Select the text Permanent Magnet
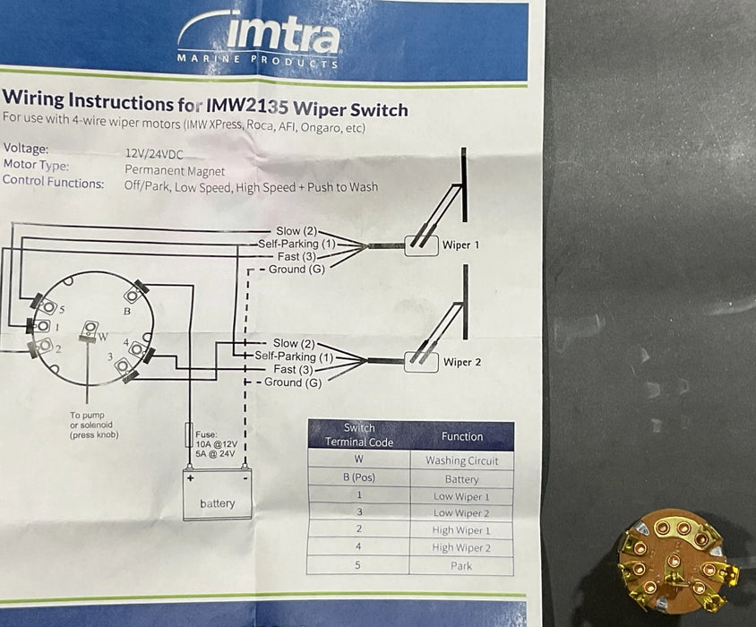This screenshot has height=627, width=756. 175,169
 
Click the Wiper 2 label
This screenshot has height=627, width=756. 462,362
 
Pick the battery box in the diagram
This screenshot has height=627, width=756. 217,494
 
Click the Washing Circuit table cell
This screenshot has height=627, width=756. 462,460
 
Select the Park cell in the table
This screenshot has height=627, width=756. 461,566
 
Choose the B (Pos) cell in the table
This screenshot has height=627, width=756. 358,478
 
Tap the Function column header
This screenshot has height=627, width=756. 462,436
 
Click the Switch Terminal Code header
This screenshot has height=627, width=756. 359,434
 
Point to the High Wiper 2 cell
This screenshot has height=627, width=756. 461,548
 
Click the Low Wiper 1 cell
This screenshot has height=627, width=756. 461,496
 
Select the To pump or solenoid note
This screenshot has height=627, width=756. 93,425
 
